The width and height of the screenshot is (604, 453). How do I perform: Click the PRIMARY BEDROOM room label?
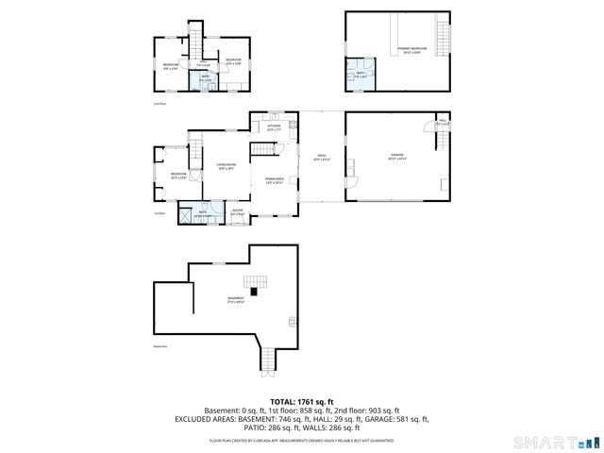coord(411,48)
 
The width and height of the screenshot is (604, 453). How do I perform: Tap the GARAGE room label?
coord(397,156)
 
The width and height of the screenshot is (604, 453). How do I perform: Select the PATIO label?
coord(321,159)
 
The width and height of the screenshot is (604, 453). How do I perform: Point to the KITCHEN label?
coord(274,126)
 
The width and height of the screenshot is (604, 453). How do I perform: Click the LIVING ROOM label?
coord(225,167)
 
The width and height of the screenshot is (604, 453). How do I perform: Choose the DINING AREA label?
coord(275,180)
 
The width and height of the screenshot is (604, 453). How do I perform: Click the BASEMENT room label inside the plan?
coord(235,299)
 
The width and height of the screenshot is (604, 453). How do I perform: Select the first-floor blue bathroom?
coord(202,214)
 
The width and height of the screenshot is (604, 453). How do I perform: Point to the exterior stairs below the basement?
coord(267,359)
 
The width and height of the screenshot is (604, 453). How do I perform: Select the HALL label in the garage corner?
coord(443,123)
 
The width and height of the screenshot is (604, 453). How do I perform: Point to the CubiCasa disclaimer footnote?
coord(301,440)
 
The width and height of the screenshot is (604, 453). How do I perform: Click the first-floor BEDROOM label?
coord(178,175)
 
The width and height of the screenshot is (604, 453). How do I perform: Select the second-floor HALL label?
coord(202,63)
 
